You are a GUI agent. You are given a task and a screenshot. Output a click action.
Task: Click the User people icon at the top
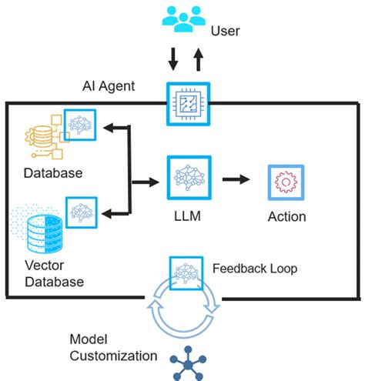pyautogui.click(x=182, y=19)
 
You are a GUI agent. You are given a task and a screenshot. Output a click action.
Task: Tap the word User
pyautogui.click(x=225, y=32)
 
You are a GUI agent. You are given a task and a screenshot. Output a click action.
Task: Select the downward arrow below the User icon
pyautogui.click(x=172, y=58)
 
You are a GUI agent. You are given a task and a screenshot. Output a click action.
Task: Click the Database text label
pyautogui.click(x=53, y=172)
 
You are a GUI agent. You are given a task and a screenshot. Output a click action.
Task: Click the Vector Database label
pyautogui.click(x=53, y=273)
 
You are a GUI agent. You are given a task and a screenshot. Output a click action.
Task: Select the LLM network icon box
pyautogui.click(x=189, y=178)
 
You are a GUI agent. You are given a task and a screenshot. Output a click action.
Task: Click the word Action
pyautogui.click(x=286, y=216)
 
